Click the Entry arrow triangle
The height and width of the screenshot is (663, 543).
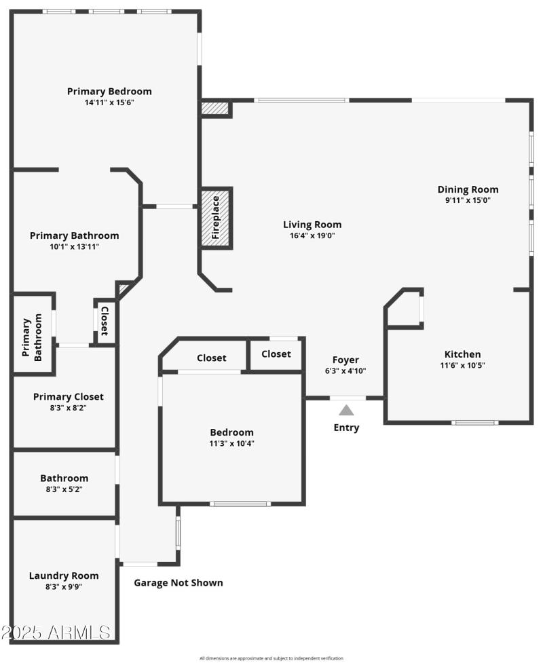[346, 410]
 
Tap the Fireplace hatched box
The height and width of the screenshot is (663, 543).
[216, 217]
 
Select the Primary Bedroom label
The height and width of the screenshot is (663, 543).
[109, 91]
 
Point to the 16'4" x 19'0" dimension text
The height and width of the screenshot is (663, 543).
[312, 235]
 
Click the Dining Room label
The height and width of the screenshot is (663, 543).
[468, 189]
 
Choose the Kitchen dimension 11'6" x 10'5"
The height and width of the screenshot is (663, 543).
[462, 365]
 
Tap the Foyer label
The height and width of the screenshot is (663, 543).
[345, 360]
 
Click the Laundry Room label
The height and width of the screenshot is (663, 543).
[64, 575]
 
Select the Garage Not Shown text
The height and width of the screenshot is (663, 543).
[178, 582]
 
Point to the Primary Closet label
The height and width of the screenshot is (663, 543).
[69, 396]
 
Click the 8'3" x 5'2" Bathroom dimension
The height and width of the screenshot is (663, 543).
[64, 489]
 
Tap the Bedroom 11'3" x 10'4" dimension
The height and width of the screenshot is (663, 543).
[231, 443]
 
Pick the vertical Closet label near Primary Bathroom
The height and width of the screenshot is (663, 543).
[105, 321]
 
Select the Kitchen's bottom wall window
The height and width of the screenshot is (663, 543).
[474, 423]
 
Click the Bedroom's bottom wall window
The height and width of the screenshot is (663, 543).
[240, 504]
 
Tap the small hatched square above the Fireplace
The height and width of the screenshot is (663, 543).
[215, 109]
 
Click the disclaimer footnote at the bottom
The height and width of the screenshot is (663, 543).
[271, 658]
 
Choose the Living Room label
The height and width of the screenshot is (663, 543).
[312, 225]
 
